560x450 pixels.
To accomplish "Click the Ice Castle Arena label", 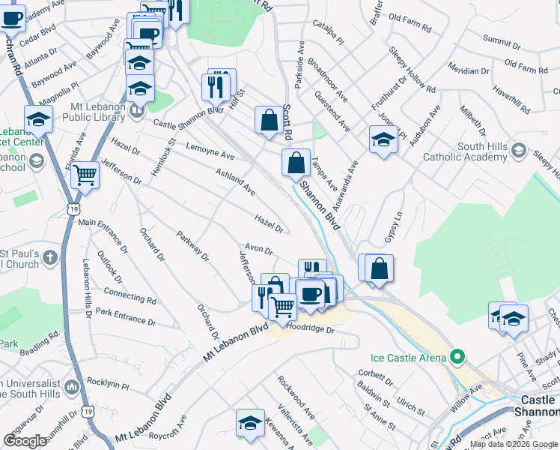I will coord(409,358).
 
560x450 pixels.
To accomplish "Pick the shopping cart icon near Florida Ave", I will coord(85,175).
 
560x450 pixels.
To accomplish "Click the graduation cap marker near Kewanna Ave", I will coord(250,422).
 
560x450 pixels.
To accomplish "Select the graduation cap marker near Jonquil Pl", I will coord(383,139).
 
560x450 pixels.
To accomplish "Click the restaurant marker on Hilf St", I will coord(216,86).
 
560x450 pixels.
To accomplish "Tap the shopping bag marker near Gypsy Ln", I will coord(380,268).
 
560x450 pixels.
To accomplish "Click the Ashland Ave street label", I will coord(235,182).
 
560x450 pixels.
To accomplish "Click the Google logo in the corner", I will coord(25,441).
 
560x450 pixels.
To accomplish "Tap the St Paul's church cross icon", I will coord(50,258).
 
